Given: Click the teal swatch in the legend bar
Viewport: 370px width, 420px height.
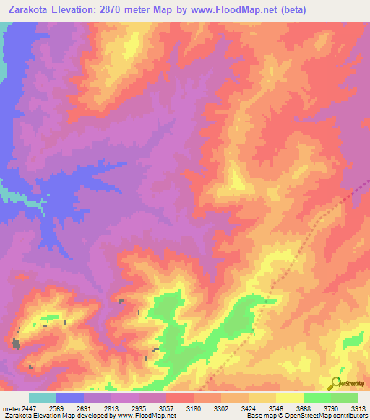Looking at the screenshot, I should point(43,398).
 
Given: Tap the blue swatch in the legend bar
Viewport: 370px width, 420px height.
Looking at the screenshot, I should point(70,398).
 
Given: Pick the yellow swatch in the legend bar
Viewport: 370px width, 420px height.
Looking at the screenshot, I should point(289,398).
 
